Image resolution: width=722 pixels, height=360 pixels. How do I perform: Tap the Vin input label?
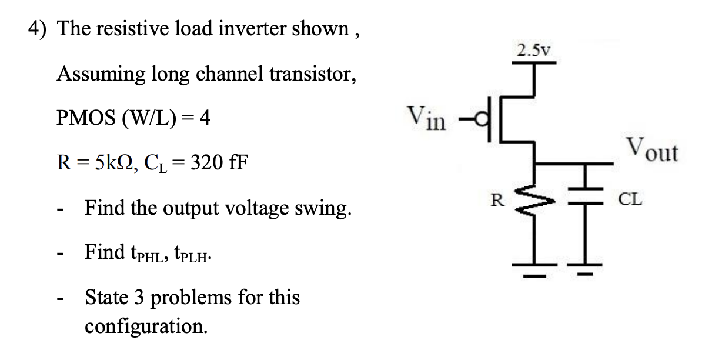(x=426, y=118)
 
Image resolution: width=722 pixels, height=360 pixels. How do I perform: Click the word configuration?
(x=146, y=325)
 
